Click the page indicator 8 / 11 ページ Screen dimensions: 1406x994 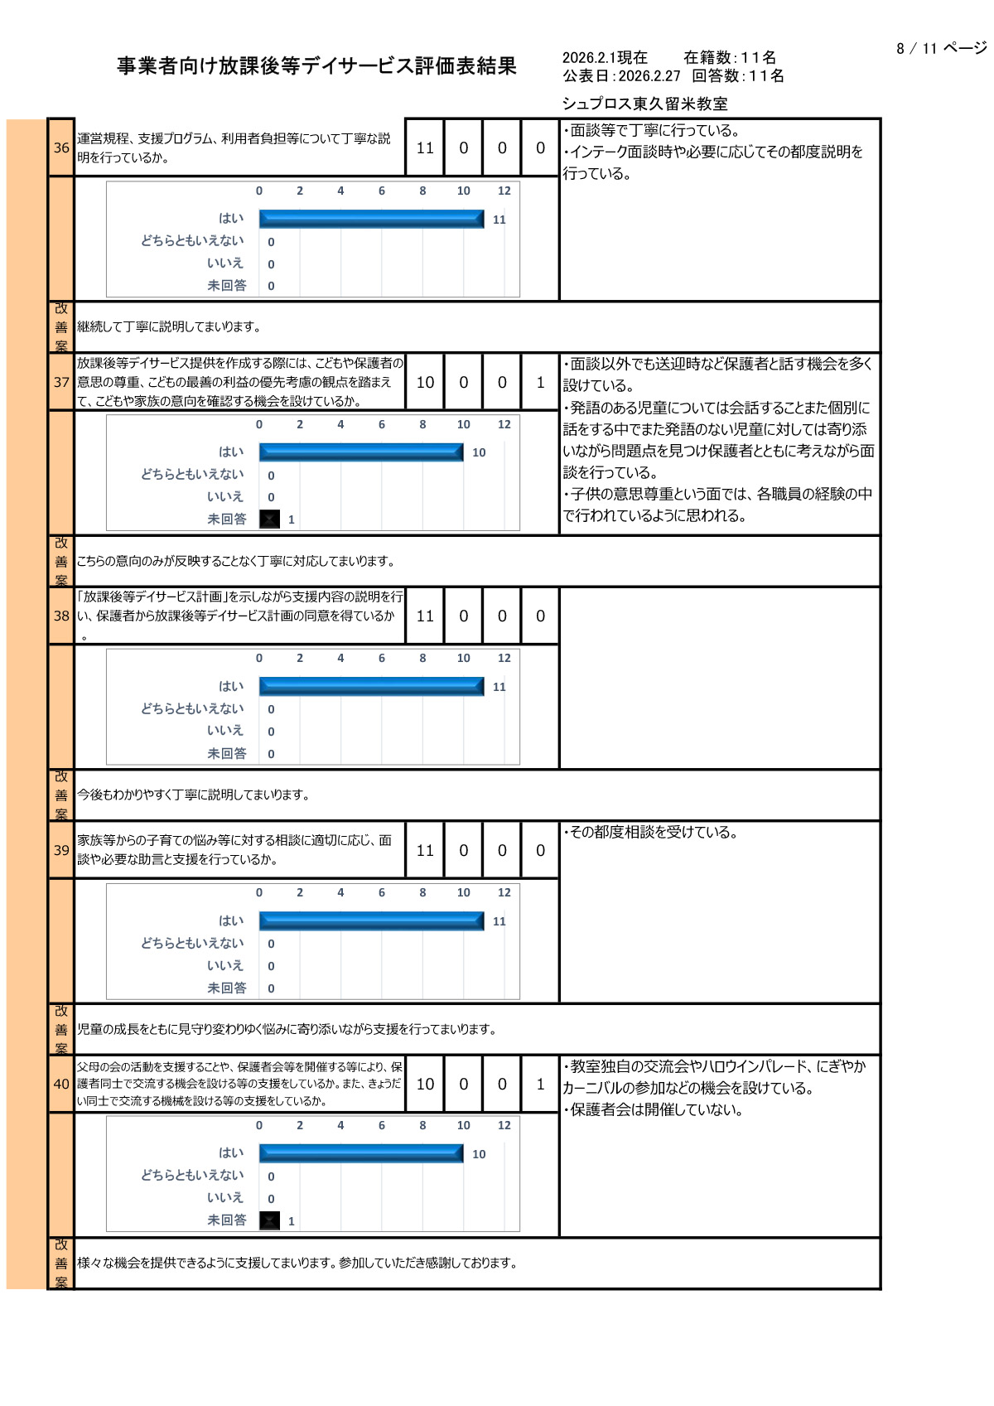click(941, 48)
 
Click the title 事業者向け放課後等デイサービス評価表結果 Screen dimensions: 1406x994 click(316, 66)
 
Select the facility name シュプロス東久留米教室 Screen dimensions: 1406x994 click(644, 104)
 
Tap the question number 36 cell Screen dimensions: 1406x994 click(61, 147)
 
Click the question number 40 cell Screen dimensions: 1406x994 click(61, 1084)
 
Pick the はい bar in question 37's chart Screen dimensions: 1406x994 click(361, 452)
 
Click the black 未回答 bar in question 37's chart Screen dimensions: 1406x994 click(269, 519)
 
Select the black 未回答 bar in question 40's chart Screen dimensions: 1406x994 click(269, 1220)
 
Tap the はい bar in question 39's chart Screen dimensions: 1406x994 click(371, 921)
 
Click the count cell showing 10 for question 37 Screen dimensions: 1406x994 click(425, 382)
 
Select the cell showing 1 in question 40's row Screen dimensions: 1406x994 click(540, 1084)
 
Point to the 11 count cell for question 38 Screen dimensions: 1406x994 click(425, 616)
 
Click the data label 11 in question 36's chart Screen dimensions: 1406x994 click(499, 220)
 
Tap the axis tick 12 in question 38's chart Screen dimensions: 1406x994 click(504, 658)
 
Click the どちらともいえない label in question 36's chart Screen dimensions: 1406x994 click(192, 240)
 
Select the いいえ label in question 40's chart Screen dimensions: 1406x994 click(224, 1197)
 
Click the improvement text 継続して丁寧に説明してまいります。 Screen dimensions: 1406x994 click(169, 326)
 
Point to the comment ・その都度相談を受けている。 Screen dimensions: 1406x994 click(650, 832)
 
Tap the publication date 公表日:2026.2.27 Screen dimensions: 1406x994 click(621, 76)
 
